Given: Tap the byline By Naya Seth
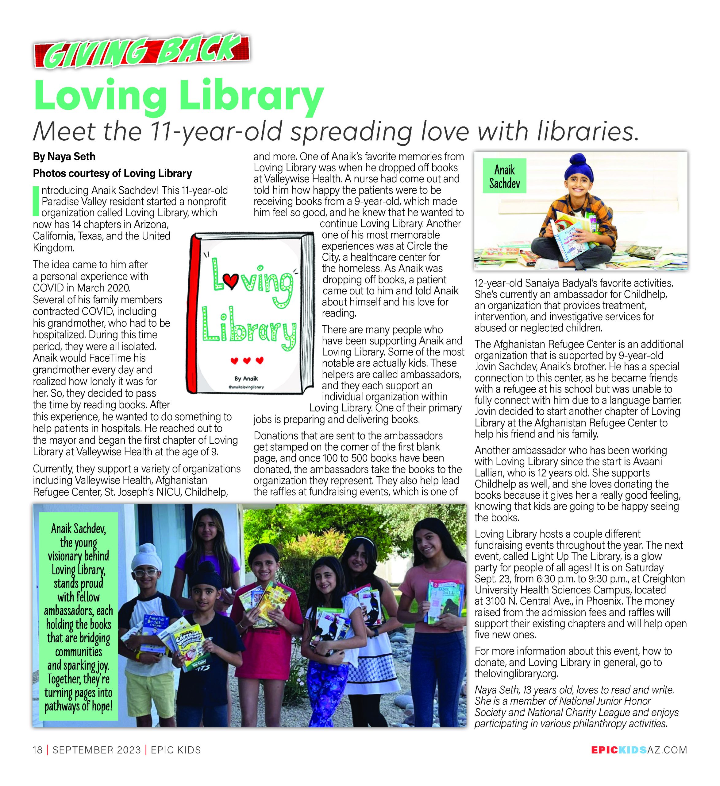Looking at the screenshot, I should [x=64, y=157].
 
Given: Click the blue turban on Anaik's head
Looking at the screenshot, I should [x=579, y=166].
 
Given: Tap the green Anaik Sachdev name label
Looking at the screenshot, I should [x=505, y=176].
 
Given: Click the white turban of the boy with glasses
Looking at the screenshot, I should [x=143, y=563].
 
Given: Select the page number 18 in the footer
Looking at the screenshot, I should [x=38, y=750].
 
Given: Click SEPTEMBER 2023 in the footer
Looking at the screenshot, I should [x=97, y=750].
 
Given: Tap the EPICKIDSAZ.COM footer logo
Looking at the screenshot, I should [x=639, y=750].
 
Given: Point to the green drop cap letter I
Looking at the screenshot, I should [x=36, y=201].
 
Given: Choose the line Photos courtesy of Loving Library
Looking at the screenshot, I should [x=112, y=173].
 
